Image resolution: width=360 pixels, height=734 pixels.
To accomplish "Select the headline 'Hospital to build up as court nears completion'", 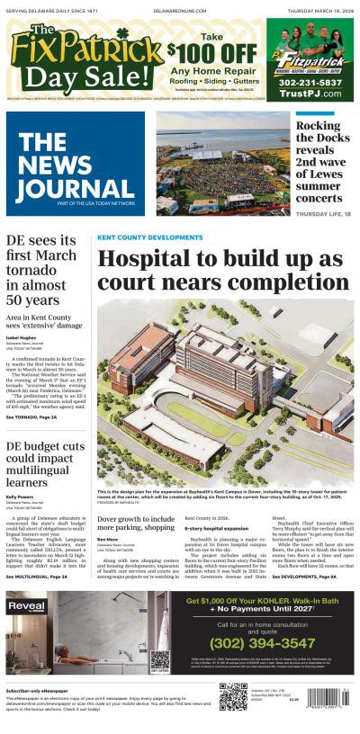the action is coord(220,269).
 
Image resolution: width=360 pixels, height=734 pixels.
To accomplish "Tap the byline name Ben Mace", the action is coord(107,539).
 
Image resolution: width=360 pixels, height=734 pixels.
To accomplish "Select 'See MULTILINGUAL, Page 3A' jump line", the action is coord(39,576).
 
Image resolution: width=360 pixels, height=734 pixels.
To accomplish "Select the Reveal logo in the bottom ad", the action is coord(25,607).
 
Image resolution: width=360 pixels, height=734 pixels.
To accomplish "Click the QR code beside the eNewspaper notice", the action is coord(232,697).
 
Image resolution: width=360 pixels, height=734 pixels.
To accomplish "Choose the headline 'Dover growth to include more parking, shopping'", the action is coord(135,524).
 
